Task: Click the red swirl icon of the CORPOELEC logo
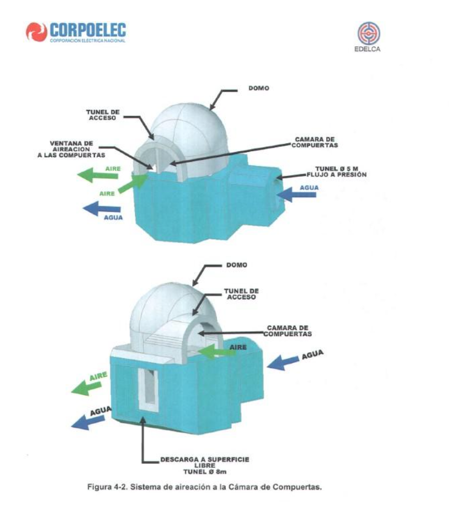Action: click(x=36, y=32)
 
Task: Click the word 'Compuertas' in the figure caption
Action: click(x=305, y=488)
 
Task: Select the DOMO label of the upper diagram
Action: click(x=255, y=88)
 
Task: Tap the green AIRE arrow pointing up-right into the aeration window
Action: click(x=131, y=185)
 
